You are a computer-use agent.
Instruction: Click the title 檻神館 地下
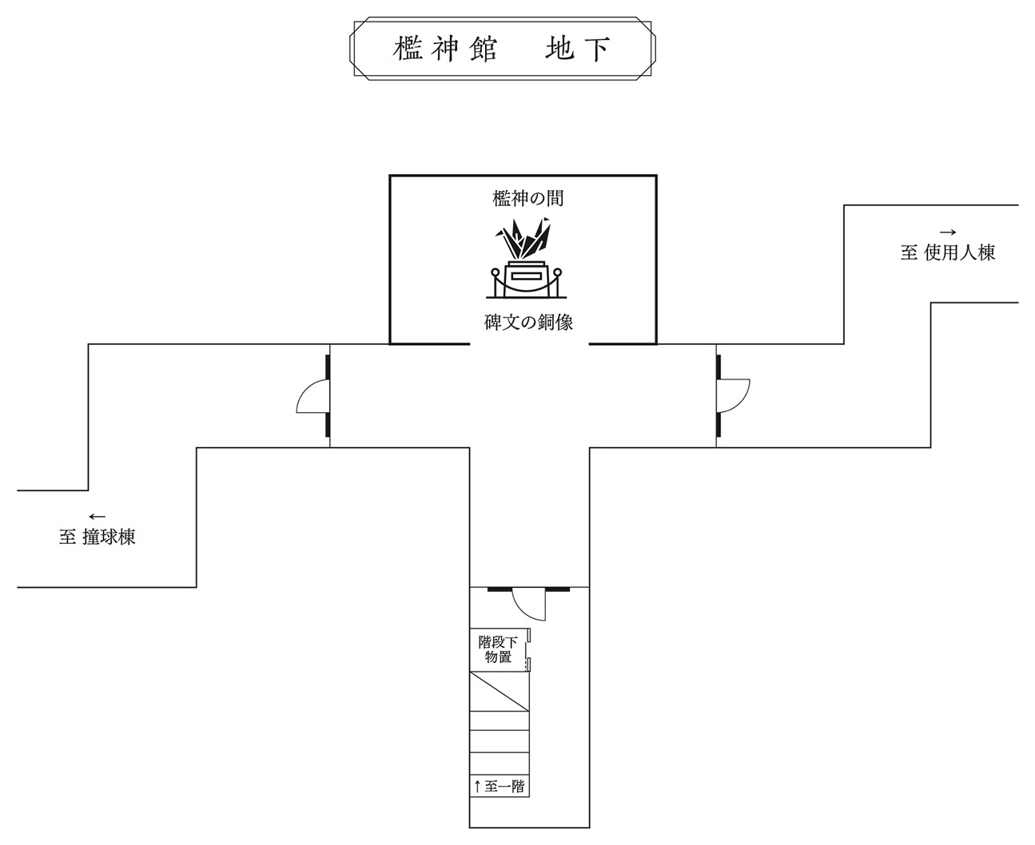503,50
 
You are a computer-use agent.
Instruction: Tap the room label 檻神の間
527,198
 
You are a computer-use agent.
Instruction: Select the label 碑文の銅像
528,323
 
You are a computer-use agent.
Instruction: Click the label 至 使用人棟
948,253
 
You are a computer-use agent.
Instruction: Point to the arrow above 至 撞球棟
97,517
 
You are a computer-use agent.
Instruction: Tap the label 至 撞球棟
98,538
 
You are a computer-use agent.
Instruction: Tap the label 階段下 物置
498,649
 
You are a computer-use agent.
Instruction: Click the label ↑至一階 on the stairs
499,787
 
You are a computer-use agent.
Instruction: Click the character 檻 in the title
408,50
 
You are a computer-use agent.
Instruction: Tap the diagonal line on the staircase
499,692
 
